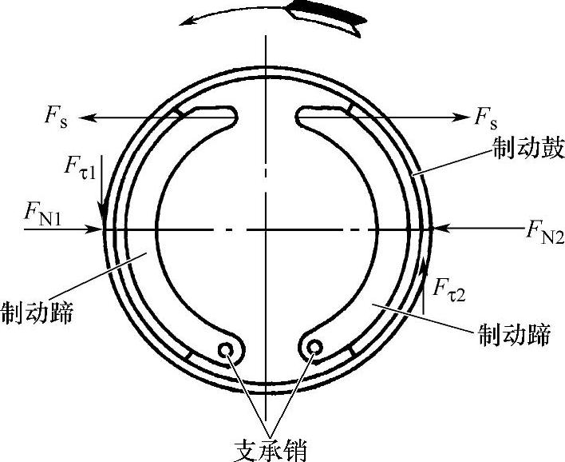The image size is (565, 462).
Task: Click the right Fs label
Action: [x=485, y=119]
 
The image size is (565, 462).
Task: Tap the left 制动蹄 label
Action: [x=38, y=311]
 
